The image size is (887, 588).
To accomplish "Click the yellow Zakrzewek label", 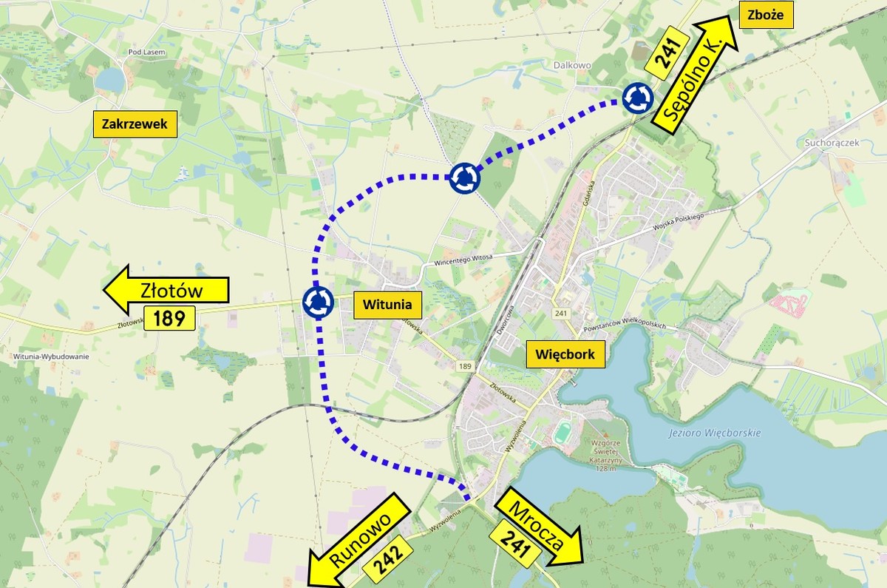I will pyautogui.click(x=135, y=124).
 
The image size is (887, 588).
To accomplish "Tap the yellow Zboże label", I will pyautogui.click(x=765, y=14).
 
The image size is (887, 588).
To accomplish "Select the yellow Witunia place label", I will pyautogui.click(x=387, y=304).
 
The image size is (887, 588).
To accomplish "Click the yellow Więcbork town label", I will pyautogui.click(x=565, y=354).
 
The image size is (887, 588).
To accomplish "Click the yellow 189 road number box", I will pyautogui.click(x=169, y=319).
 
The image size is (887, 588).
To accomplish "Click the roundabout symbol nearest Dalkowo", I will pyautogui.click(x=636, y=98).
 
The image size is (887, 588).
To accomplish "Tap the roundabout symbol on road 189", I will pyautogui.click(x=319, y=302).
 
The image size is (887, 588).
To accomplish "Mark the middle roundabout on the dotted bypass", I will pyautogui.click(x=465, y=178).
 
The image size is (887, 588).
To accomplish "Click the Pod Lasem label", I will pyautogui.click(x=145, y=52).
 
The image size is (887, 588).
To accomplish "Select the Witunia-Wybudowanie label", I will pyautogui.click(x=51, y=356).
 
